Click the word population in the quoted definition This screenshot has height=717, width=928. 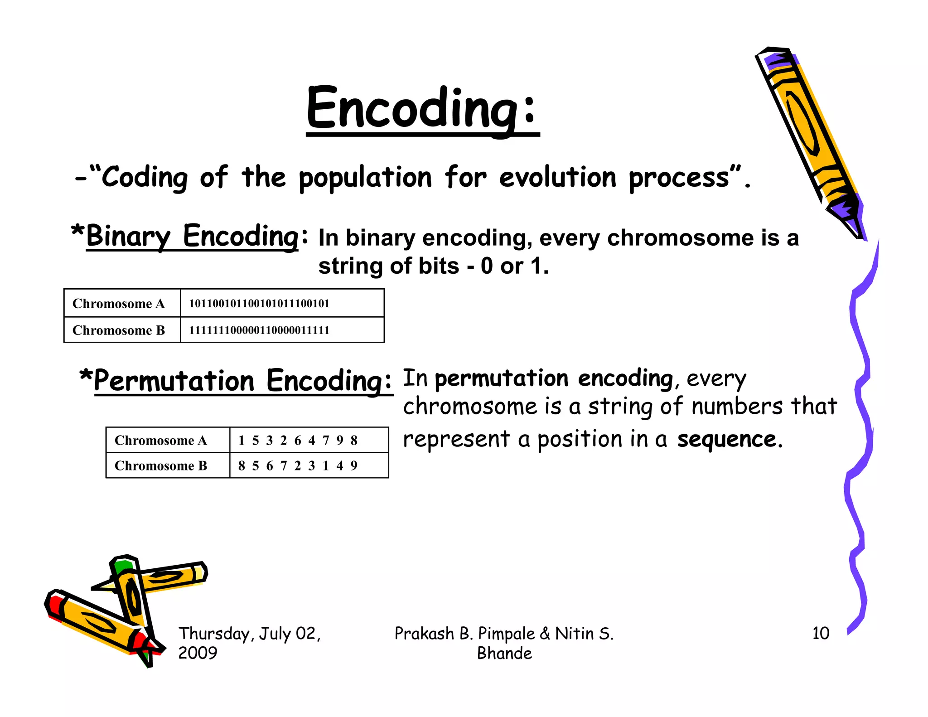[365, 178]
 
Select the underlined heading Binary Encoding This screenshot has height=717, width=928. [192, 237]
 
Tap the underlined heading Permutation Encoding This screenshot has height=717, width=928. [242, 381]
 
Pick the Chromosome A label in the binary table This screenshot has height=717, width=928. [118, 303]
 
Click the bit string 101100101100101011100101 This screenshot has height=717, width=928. [259, 303]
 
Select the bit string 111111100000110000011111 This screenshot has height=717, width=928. [259, 330]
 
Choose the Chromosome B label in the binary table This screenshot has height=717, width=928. [118, 330]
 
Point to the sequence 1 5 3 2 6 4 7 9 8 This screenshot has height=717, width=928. [298, 440]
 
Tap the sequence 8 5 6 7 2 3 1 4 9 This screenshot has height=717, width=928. [298, 465]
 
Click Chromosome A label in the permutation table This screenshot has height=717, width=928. [160, 440]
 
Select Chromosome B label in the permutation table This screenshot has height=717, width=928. [160, 465]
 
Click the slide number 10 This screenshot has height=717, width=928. [821, 633]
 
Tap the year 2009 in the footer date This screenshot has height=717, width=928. [198, 653]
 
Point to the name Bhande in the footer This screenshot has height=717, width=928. [504, 654]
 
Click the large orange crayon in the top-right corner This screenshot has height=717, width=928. [811, 140]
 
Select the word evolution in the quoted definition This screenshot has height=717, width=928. [558, 178]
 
